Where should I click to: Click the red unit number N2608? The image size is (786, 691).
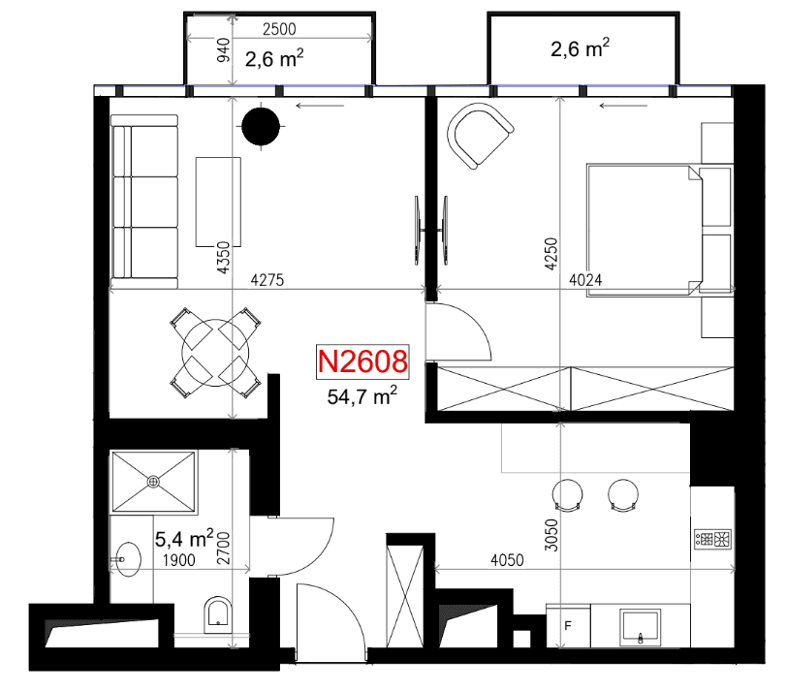point(362,361)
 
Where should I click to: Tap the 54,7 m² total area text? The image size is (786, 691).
point(362,395)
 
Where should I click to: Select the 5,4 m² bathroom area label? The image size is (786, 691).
point(184,539)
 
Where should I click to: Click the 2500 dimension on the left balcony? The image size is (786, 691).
point(279,29)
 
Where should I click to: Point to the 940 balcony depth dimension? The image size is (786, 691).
point(224,50)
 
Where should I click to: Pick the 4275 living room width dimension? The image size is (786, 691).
point(267,280)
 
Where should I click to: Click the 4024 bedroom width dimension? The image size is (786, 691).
point(585,280)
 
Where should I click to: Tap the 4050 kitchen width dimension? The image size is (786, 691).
point(507,560)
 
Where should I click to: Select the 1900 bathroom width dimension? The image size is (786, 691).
point(179,560)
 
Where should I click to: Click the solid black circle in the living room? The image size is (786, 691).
point(261,126)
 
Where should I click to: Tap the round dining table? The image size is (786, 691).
point(215,353)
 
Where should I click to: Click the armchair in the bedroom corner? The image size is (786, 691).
point(479,136)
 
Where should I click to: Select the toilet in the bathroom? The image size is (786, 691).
point(218,614)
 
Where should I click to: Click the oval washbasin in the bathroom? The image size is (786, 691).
point(127,559)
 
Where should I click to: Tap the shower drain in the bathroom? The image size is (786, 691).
point(153,482)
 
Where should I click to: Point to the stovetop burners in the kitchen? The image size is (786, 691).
point(712,539)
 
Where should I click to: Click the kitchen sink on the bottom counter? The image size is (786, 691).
point(640,627)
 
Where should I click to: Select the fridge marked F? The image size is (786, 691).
point(568,626)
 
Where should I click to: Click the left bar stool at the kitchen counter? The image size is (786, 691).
point(567,495)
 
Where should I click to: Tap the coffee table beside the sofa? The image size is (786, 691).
point(218,202)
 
